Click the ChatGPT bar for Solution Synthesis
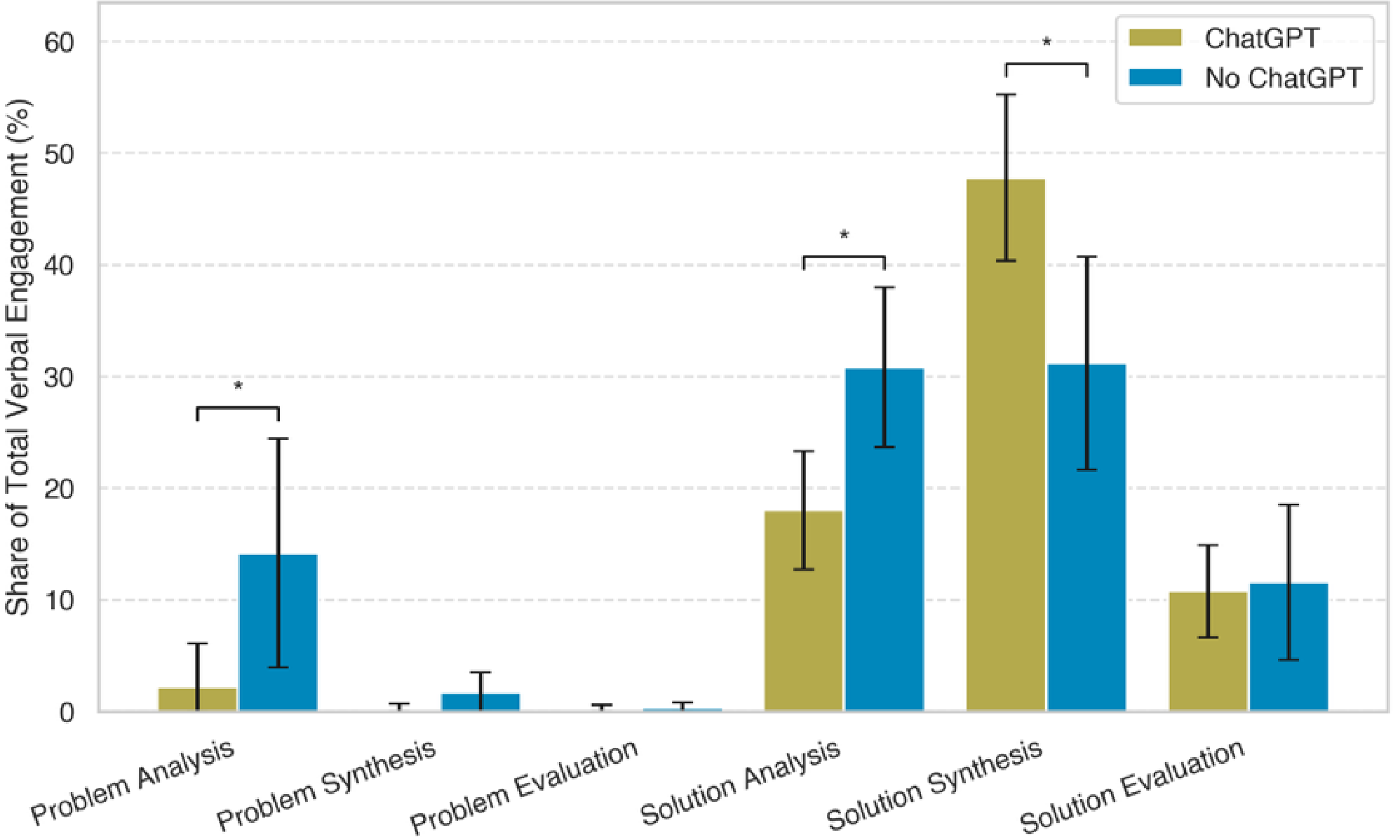pos(1005,445)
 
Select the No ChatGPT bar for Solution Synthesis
pos(1086,537)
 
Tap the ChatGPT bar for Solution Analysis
pos(803,611)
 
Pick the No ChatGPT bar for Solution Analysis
pos(884,540)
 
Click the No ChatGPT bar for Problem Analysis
pos(278,633)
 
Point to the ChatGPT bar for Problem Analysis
pos(197,699)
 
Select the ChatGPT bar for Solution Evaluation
pos(1208,651)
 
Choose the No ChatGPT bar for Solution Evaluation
pos(1288,647)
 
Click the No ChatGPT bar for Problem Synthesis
pos(480,702)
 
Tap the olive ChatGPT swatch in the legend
pos(1155,37)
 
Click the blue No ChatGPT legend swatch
pos(1155,77)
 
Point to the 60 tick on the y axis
pos(59,42)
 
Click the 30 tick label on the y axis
pos(59,377)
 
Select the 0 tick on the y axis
pos(67,713)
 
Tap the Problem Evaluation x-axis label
pos(525,786)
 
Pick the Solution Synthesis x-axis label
pos(935,784)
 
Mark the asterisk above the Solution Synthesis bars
pos(1047,42)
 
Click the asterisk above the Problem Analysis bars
pos(238,386)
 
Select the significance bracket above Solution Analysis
pos(844,257)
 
